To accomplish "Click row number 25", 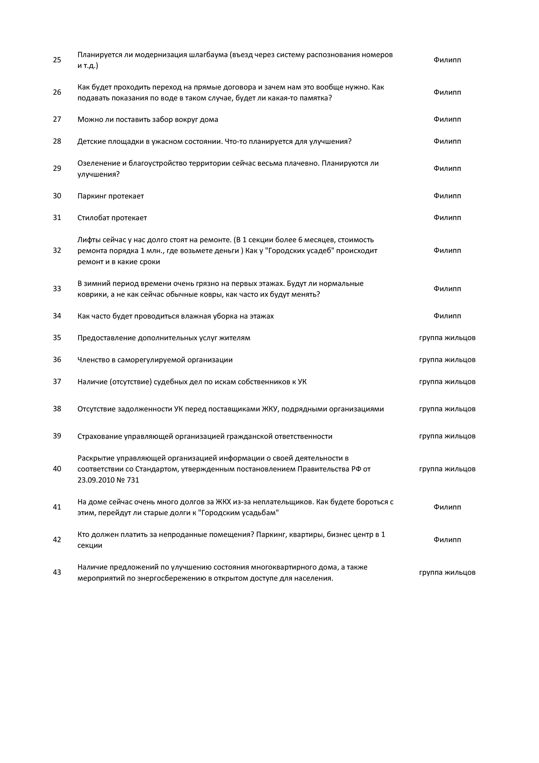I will tap(57, 60).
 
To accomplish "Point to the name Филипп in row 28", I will tap(447, 141).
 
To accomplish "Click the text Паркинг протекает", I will tap(111, 196).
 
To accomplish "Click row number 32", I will tap(57, 250).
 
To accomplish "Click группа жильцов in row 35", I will tap(447, 338).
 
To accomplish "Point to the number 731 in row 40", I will tap(133, 480).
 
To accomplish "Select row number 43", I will tap(57, 572).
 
